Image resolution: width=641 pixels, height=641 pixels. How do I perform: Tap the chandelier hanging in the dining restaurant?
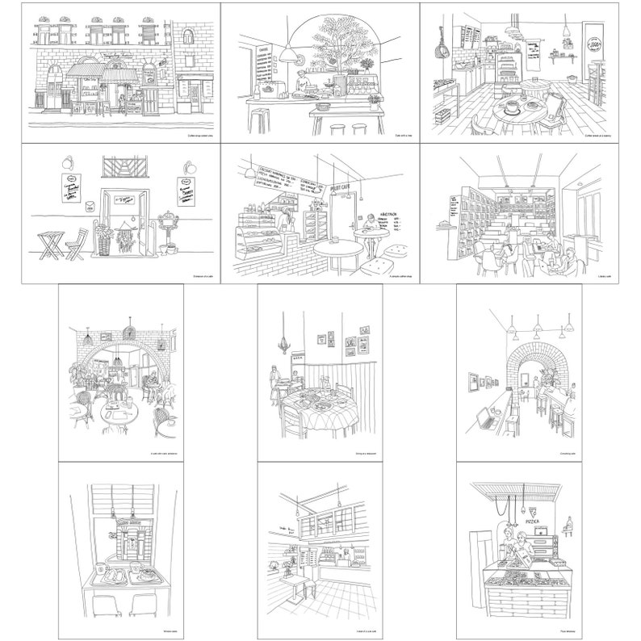coord(283,345)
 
